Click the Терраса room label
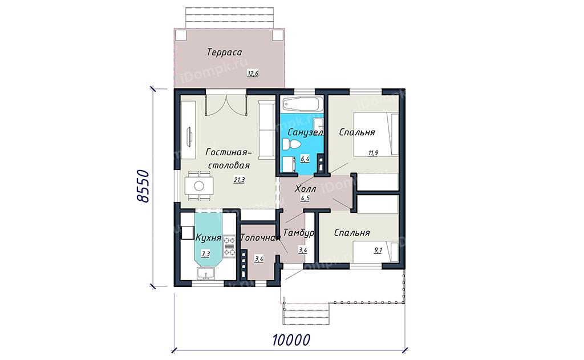pos(224,52)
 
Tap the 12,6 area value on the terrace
pos(253,74)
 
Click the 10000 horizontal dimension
pos(291,340)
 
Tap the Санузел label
pos(306,132)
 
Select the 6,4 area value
pos(305,159)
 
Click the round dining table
pos(199,185)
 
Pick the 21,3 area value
pos(239,181)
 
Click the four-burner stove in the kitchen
pos(229,246)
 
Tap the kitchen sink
pos(205,274)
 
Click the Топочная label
pos(260,238)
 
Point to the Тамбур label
pos(299,233)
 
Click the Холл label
pos(306,189)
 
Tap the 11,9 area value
pos(373,152)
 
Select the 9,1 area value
pos(378,250)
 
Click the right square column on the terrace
pos(278,35)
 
